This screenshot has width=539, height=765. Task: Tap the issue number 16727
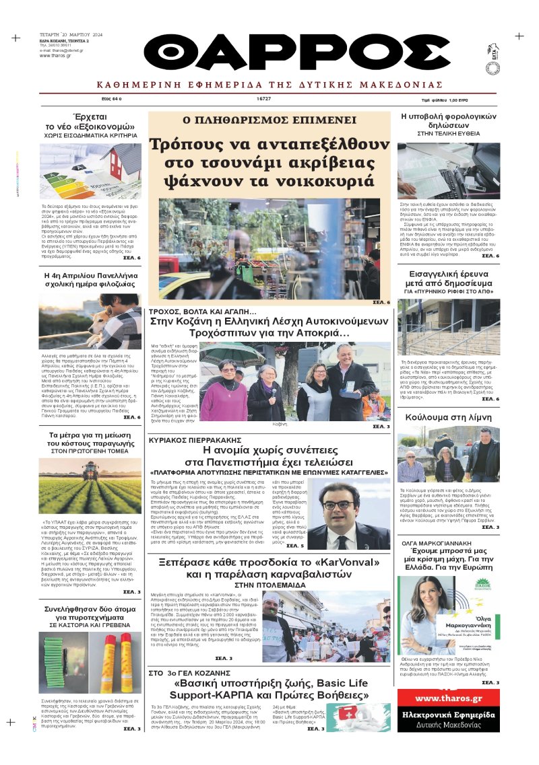pyautogui.click(x=263, y=98)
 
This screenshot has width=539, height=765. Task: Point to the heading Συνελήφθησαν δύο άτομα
pyautogui.click(x=90, y=611)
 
